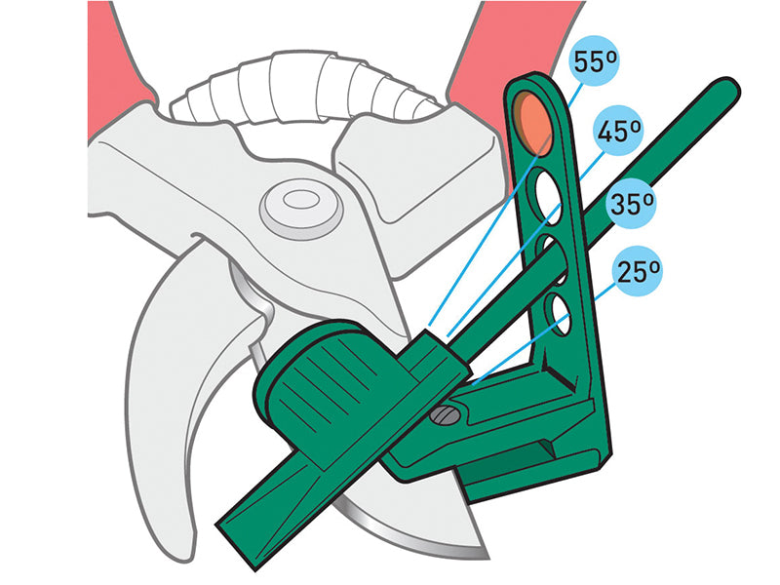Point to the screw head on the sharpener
pos(444,416)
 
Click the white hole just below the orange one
pos(545,191)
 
